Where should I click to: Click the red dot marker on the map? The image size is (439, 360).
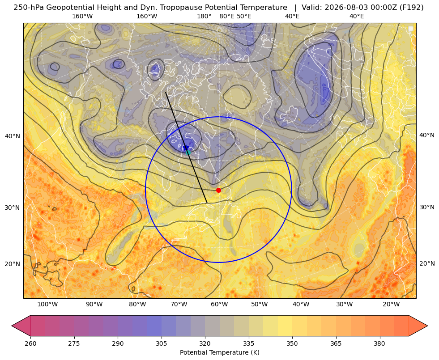[x=218, y=190]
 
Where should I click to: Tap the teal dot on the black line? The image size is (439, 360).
[x=188, y=152]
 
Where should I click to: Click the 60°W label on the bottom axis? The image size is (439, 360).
[x=219, y=305]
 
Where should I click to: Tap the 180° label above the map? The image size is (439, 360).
[x=204, y=16]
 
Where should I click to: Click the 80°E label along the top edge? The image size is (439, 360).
[x=226, y=16]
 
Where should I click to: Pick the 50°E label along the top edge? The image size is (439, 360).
[x=244, y=16]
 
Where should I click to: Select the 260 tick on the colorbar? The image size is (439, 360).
[x=30, y=343]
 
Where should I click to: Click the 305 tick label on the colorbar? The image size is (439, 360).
[x=161, y=343]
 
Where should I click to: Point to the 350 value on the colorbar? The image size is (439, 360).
[x=292, y=343]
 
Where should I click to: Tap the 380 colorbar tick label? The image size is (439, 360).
[x=379, y=343]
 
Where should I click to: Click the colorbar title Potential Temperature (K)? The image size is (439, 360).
[x=219, y=352]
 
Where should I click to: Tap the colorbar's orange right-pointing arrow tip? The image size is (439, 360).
[x=427, y=326]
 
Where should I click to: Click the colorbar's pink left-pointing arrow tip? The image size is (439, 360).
[x=12, y=326]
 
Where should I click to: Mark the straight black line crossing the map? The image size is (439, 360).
[x=186, y=148]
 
